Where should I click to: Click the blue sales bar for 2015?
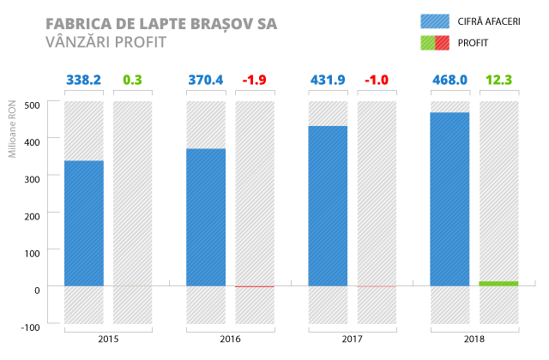[x=83, y=223]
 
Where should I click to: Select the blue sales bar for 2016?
[x=206, y=217]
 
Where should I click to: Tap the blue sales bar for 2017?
[x=328, y=206]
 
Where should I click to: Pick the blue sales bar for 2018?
[x=449, y=199]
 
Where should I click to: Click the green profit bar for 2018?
[x=498, y=283]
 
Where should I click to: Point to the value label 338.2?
[x=84, y=80]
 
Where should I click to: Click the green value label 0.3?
[x=132, y=80]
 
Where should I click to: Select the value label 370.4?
[x=206, y=80]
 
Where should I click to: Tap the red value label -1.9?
[x=254, y=80]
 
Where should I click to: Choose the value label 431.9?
[x=328, y=80]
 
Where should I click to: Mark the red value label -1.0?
[x=376, y=80]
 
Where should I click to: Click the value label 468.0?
[x=449, y=80]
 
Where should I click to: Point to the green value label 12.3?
[x=498, y=80]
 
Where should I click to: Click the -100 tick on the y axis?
[x=31, y=327]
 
